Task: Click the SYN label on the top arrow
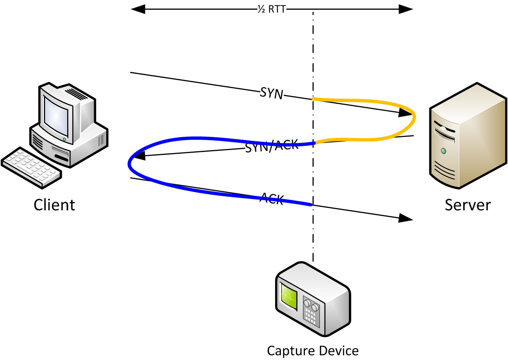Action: [272, 93]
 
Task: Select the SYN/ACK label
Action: [272, 146]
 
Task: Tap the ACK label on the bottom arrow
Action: [272, 198]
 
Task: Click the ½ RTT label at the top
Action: [272, 9]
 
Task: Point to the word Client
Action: [54, 205]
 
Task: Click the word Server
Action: [468, 205]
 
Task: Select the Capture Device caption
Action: [313, 351]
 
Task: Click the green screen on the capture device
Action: [289, 296]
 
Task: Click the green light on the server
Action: [444, 151]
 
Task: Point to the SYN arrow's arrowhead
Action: [406, 113]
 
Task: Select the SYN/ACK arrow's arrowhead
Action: [139, 156]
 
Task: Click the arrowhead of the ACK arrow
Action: [406, 218]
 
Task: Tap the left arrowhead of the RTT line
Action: [138, 9]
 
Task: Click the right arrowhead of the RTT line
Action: [406, 9]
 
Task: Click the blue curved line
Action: [130, 164]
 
